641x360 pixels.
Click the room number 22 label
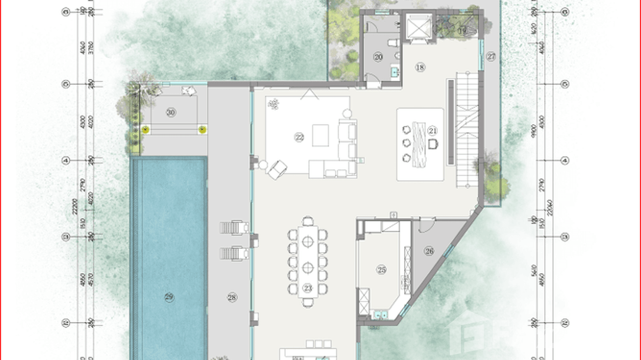click(x=299, y=138)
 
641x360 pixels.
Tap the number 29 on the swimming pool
click(x=169, y=297)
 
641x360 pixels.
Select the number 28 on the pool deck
click(x=232, y=297)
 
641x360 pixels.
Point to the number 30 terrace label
click(x=171, y=112)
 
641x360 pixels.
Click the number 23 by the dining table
click(x=308, y=288)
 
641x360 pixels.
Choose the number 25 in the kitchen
click(x=381, y=270)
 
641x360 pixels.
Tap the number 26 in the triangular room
click(x=429, y=251)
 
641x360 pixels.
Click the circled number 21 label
click(x=433, y=130)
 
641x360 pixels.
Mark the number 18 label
click(x=420, y=67)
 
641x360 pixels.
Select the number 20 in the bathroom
click(x=378, y=57)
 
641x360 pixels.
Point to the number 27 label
click(x=491, y=56)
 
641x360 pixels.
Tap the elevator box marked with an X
click(x=417, y=29)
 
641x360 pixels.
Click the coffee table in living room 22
click(x=320, y=135)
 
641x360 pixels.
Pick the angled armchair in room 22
click(x=277, y=169)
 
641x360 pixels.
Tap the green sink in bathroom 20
click(x=395, y=72)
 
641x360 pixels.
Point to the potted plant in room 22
click(x=274, y=104)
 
